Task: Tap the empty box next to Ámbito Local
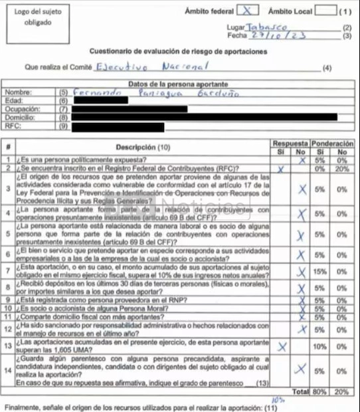coord(325,11)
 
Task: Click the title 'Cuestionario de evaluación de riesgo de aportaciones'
coord(179,52)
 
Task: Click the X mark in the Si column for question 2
coord(280,169)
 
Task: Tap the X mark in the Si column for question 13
coord(281,346)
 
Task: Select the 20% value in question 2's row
coord(342,169)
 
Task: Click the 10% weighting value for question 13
coord(321,346)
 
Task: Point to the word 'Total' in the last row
coord(302,392)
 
